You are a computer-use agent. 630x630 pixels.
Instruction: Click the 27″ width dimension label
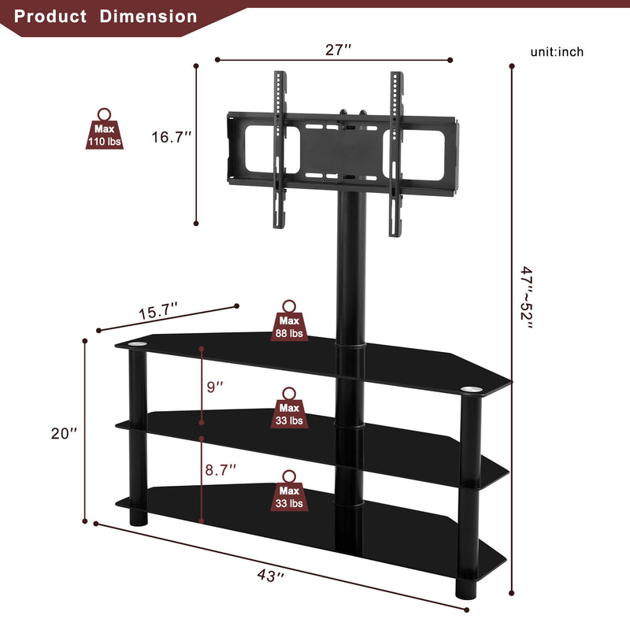[x=338, y=49]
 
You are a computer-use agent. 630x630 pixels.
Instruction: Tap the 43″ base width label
[x=270, y=576]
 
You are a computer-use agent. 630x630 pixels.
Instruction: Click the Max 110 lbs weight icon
[x=104, y=130]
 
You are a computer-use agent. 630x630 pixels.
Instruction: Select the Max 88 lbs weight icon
[x=289, y=322]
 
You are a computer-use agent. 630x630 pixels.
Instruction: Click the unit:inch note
[x=557, y=52]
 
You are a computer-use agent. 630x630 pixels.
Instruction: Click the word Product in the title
[x=50, y=16]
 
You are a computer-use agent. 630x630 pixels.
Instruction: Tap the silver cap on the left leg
[x=137, y=345]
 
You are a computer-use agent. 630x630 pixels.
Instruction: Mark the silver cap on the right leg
[x=471, y=389]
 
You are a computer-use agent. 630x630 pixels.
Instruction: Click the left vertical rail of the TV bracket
[x=277, y=150]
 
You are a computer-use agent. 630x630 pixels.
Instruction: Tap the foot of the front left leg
[x=138, y=520]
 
